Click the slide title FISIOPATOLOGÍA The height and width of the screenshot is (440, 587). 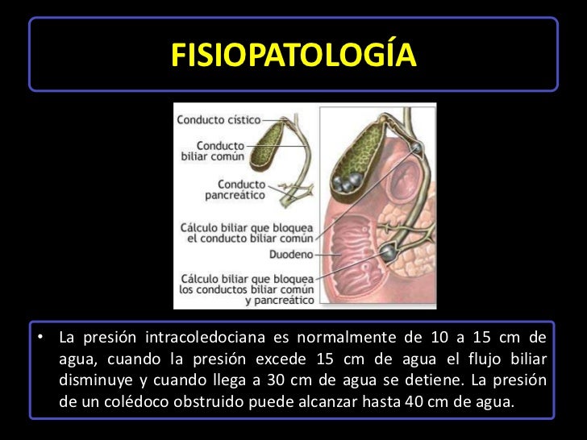[293, 55]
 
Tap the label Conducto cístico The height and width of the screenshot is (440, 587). [218, 119]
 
